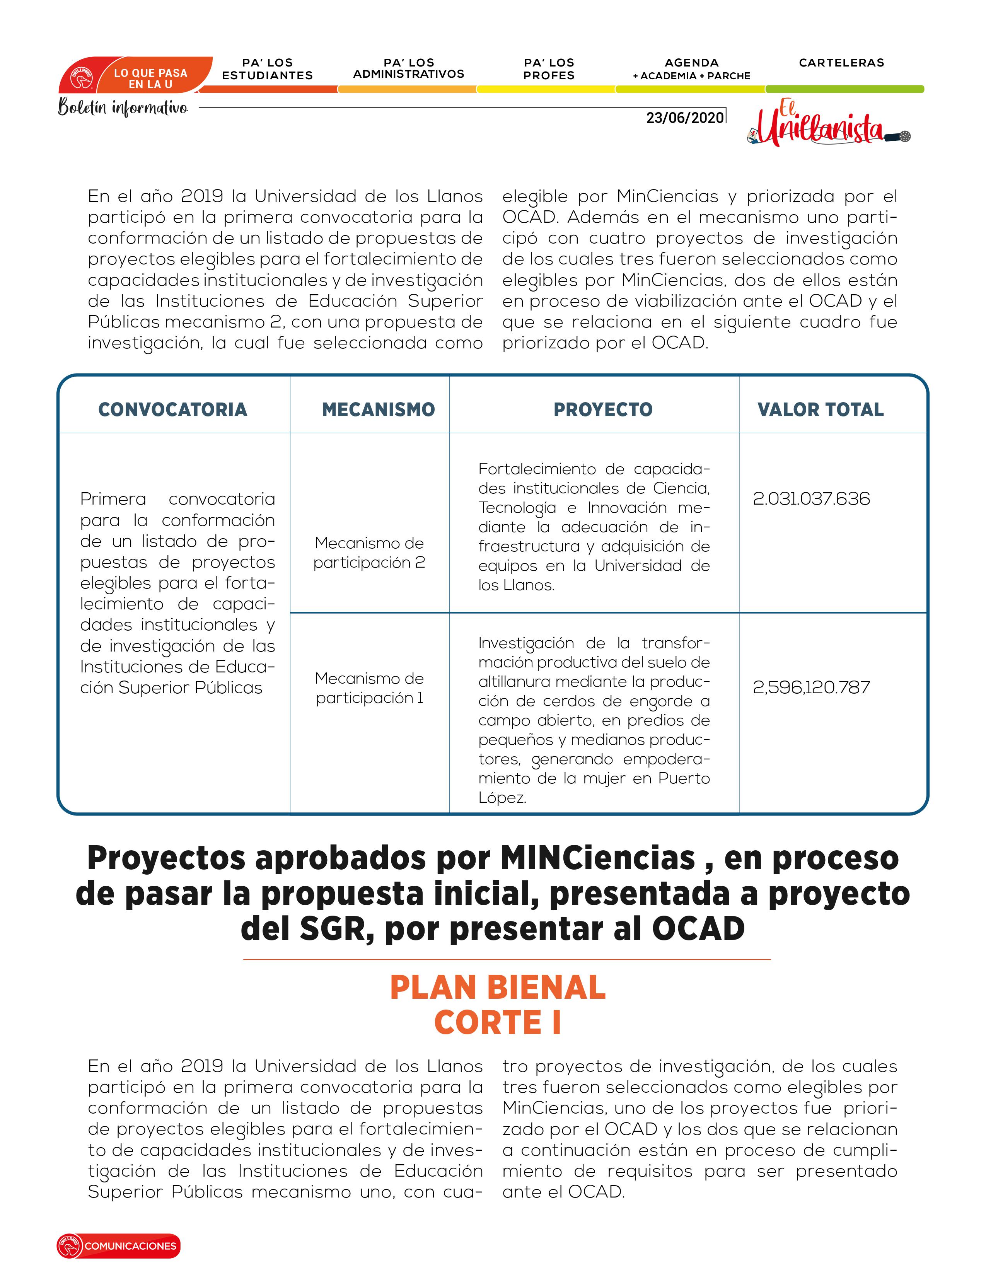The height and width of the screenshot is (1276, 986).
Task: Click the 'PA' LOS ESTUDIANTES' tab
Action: click(268, 69)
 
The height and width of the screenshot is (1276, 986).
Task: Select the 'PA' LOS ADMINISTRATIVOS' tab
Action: click(408, 68)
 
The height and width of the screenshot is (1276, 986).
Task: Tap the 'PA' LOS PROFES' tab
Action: click(549, 69)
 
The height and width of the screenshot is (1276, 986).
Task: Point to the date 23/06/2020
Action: click(684, 118)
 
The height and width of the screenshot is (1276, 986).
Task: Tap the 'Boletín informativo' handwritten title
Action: click(123, 107)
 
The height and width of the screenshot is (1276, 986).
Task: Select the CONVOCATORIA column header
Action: click(173, 409)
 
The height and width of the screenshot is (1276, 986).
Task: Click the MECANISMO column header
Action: click(379, 409)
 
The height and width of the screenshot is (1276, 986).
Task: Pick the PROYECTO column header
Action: click(603, 409)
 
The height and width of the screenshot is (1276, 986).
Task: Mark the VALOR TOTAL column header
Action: click(820, 409)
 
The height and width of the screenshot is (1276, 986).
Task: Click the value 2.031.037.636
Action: click(811, 498)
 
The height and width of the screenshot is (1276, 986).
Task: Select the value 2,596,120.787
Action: click(811, 687)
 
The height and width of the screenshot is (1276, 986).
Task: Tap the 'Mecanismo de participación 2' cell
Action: click(369, 553)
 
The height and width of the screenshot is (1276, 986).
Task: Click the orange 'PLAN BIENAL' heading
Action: click(498, 988)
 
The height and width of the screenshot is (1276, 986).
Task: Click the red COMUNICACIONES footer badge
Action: click(119, 1245)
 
